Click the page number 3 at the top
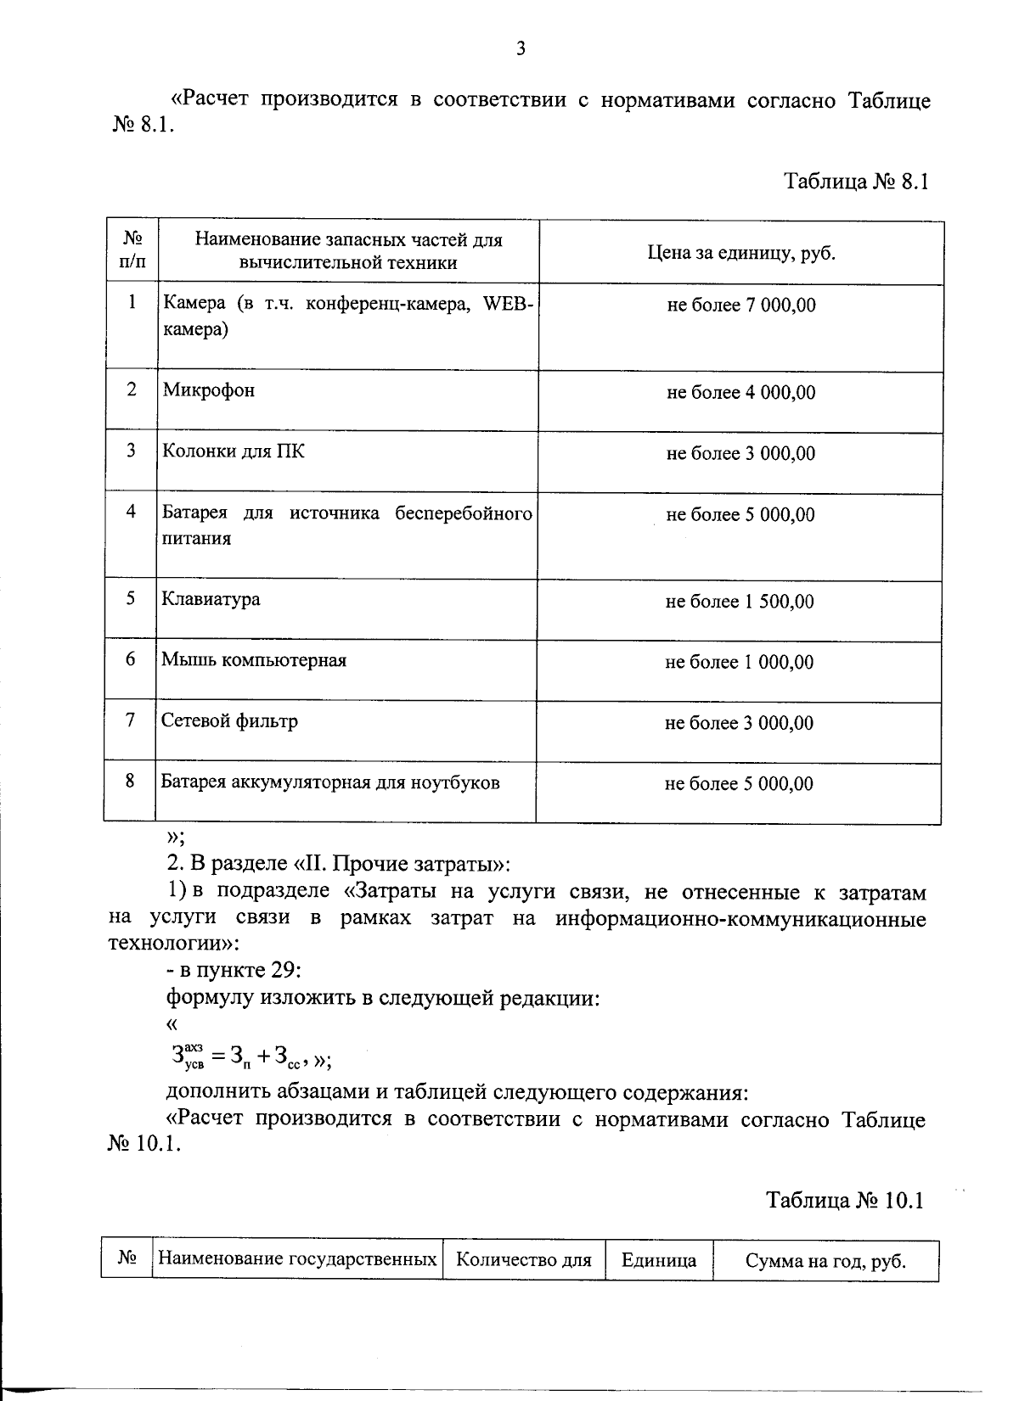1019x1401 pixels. coord(521,49)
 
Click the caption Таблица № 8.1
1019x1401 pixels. coord(857,182)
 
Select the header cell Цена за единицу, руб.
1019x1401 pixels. coord(740,253)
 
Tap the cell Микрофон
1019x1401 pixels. coord(209,390)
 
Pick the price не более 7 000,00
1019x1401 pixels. coord(740,305)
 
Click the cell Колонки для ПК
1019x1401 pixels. coord(234,451)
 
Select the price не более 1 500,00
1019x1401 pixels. coord(739,602)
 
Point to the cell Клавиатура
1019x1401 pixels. coord(211,599)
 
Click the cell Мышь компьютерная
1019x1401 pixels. coord(254,660)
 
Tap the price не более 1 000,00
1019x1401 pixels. coord(739,663)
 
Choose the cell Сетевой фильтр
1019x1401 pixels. coord(230,721)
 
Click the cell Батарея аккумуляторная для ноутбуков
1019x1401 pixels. coord(330,782)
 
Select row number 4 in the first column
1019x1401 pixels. coord(131,512)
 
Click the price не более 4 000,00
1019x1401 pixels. coord(740,393)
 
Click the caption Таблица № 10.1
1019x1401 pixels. coord(844,1201)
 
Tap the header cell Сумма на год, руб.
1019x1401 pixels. coord(825,1261)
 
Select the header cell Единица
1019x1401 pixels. coord(659,1260)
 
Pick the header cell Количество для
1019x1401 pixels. coord(523,1260)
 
